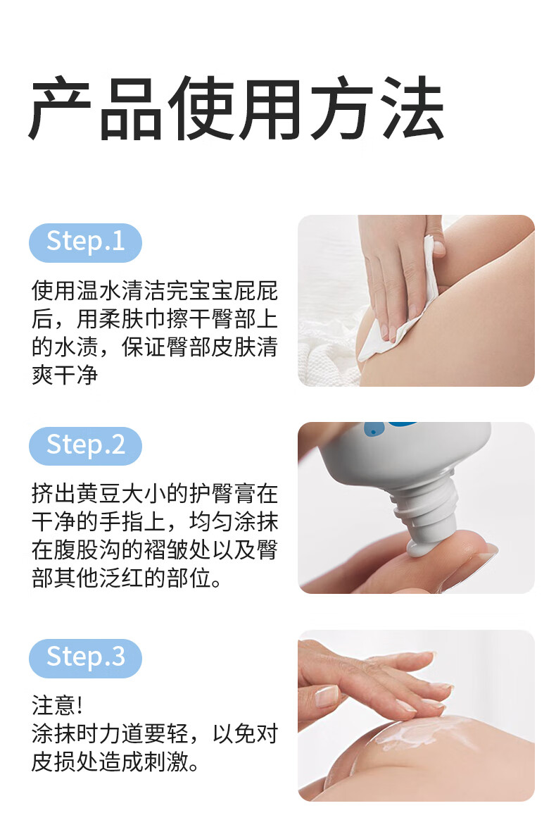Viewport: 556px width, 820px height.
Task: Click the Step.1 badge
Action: [85, 242]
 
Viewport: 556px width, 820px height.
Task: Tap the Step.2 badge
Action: [85, 446]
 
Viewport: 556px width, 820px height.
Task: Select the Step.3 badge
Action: [85, 658]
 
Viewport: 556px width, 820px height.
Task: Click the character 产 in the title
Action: [61, 108]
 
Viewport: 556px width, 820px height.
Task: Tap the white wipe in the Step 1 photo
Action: [403, 309]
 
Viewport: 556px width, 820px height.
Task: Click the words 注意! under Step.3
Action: [57, 705]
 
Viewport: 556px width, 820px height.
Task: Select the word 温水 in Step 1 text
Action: [99, 291]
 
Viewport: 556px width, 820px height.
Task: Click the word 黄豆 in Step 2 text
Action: [99, 494]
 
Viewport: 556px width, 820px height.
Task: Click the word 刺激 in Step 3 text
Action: [167, 762]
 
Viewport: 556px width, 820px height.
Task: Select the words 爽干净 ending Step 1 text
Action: [65, 375]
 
